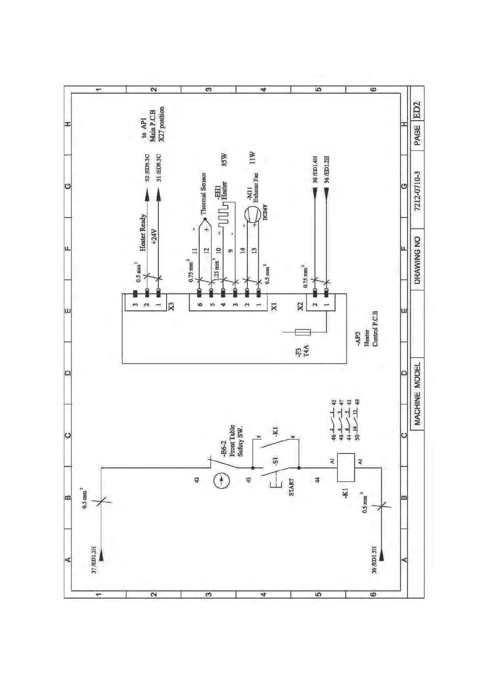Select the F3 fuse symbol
tap(302, 332)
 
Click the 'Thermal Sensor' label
tap(204, 193)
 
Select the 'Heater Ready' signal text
tap(143, 233)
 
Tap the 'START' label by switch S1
tap(291, 487)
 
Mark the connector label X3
tap(171, 306)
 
